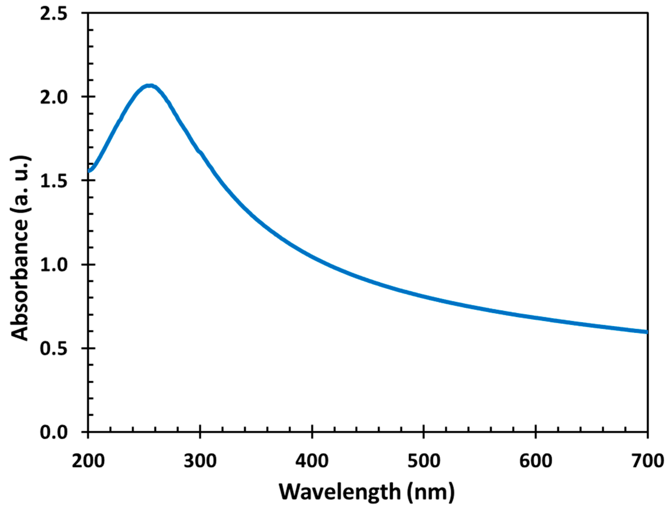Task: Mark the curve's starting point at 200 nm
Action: pyautogui.click(x=89, y=171)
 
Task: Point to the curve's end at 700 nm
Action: pyautogui.click(x=646, y=332)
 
